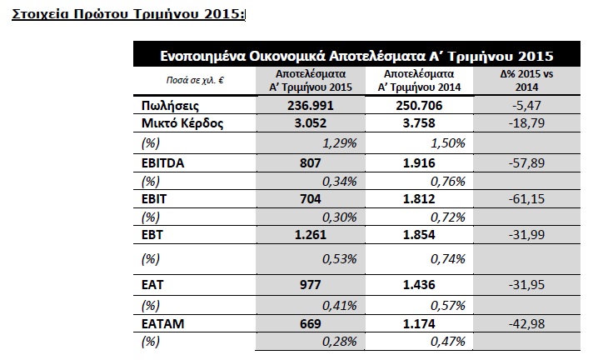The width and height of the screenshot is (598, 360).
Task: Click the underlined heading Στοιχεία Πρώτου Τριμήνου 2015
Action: click(128, 14)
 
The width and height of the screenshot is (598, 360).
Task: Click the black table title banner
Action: click(356, 54)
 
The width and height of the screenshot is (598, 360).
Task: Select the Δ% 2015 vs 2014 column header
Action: click(526, 81)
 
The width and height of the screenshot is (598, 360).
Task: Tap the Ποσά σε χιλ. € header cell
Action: click(195, 80)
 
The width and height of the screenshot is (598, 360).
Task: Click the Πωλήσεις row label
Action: click(170, 105)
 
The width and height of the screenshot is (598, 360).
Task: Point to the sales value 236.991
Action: click(311, 105)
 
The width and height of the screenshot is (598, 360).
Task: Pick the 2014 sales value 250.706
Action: click(419, 105)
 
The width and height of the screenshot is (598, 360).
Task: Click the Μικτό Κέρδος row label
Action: click(182, 123)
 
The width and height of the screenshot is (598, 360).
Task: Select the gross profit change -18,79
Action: click(526, 123)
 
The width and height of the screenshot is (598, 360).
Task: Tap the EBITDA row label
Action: click(163, 163)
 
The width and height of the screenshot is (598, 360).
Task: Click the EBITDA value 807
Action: click(311, 163)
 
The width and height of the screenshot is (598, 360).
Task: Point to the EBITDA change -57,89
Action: click(526, 163)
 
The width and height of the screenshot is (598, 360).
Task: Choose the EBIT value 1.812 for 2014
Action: click(419, 199)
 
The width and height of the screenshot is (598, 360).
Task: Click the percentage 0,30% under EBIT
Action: click(340, 217)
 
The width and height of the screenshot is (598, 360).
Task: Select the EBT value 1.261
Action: click(311, 234)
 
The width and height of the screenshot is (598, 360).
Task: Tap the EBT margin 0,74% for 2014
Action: click(448, 259)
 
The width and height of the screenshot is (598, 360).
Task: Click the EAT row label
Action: click(152, 285)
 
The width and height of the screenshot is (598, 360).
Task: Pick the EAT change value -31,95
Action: click(526, 285)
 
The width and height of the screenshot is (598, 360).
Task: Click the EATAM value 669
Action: click(311, 323)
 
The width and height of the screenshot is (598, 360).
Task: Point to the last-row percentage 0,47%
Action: click(448, 342)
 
